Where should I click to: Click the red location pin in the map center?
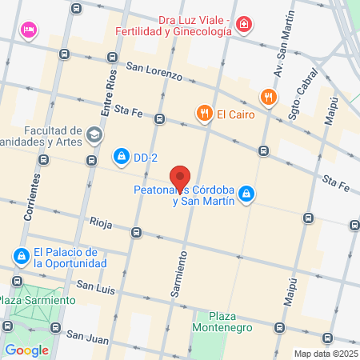click(x=180, y=178)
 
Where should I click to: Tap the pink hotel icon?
click(x=30, y=30)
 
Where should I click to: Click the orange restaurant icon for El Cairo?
click(x=205, y=114)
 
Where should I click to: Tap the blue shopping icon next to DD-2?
click(x=122, y=155)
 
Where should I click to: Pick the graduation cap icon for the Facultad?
click(x=95, y=134)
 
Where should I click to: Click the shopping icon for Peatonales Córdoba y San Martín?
click(x=248, y=193)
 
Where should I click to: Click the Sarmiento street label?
click(x=182, y=274)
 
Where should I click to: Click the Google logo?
click(x=27, y=350)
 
